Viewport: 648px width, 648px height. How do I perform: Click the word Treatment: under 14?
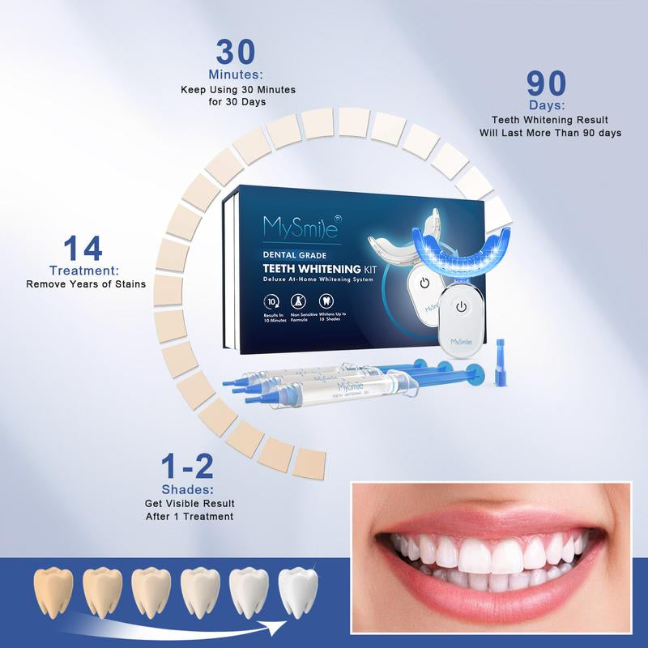84,271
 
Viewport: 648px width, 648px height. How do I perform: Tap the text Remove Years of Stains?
85,284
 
